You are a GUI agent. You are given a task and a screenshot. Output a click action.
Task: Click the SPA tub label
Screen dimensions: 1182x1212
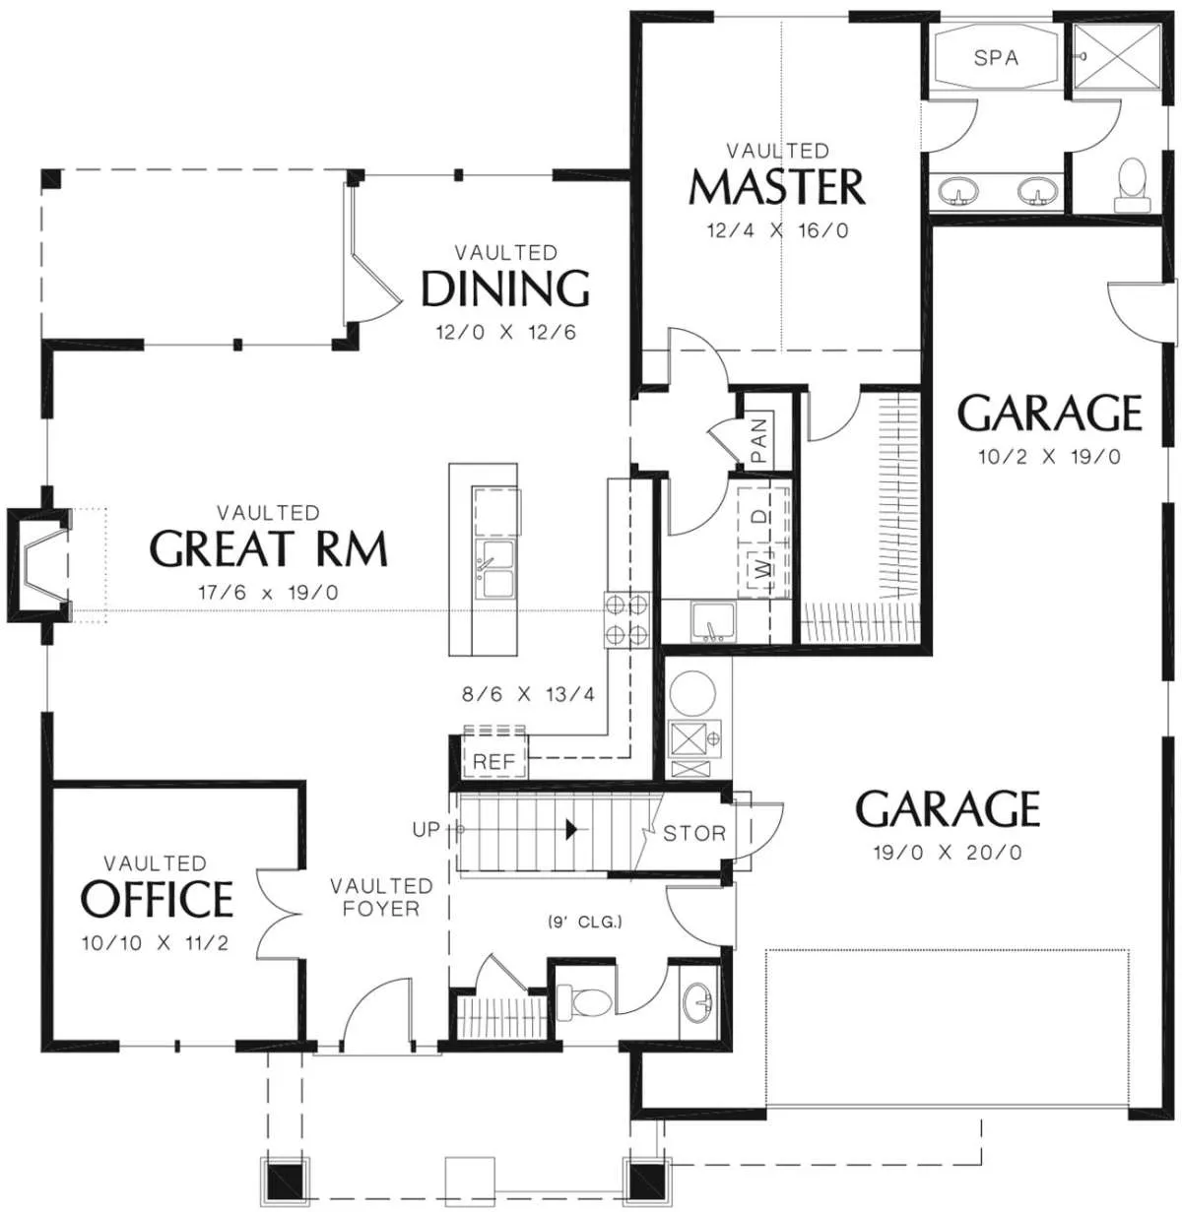point(996,58)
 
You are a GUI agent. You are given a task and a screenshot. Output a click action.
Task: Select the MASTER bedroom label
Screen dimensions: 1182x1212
point(777,186)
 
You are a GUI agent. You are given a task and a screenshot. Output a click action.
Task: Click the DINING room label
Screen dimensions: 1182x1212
point(505,287)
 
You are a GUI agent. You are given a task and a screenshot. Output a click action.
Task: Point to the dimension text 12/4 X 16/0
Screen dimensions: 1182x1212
point(777,231)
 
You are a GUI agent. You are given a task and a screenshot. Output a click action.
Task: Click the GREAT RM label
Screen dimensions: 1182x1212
point(269,547)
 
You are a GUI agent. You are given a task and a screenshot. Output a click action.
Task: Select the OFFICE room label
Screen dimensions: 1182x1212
point(157,899)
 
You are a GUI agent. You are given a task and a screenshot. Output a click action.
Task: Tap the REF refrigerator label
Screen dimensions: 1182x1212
point(494,761)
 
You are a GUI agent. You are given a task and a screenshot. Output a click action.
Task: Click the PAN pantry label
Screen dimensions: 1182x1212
point(759,441)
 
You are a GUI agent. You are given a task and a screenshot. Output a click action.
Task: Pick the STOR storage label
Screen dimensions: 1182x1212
point(694,833)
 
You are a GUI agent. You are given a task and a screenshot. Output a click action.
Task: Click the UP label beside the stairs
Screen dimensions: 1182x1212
point(427,830)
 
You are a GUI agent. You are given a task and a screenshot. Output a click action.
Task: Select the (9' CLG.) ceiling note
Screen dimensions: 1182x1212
point(585,923)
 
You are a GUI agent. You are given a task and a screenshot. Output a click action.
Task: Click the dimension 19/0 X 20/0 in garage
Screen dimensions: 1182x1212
point(948,852)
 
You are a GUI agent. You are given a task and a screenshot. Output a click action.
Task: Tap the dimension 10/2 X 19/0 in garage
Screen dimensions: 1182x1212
point(1049,457)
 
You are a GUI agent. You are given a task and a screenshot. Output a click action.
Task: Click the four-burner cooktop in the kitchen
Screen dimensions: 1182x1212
point(626,618)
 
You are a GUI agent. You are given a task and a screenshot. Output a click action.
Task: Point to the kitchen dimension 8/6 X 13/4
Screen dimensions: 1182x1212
point(528,694)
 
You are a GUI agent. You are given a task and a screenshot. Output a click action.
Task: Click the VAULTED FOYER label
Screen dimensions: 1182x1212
point(381,897)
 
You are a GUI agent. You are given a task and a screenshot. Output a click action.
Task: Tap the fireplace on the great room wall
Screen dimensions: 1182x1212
point(38,565)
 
